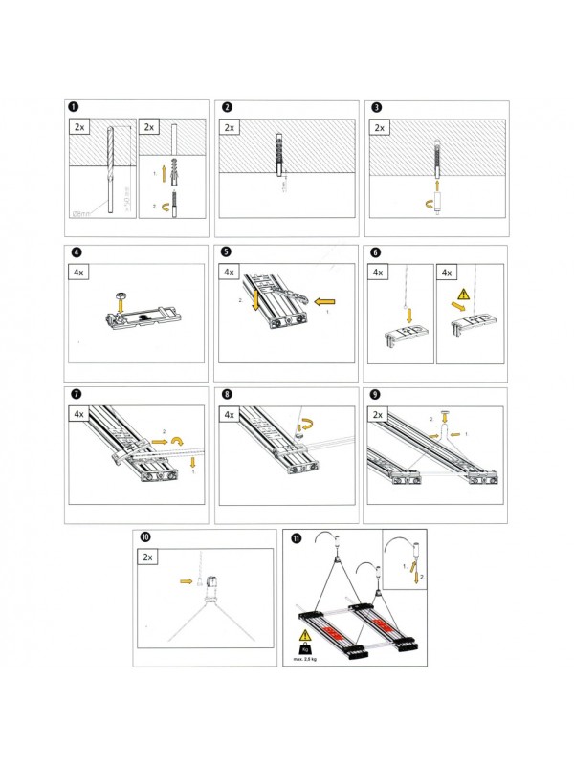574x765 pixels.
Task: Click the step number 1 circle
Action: (x=73, y=107)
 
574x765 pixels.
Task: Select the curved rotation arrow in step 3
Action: (x=430, y=204)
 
